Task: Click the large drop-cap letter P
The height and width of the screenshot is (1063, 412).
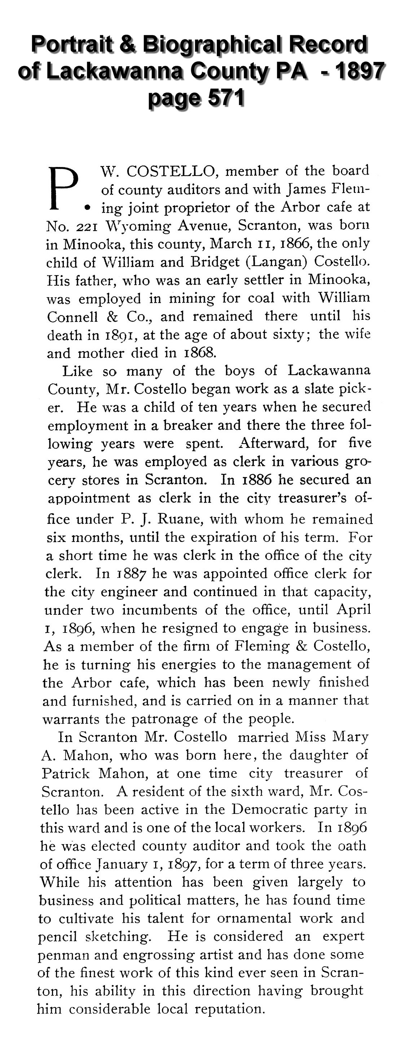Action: coord(63,188)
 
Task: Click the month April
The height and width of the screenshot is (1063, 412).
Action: coord(353,610)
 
